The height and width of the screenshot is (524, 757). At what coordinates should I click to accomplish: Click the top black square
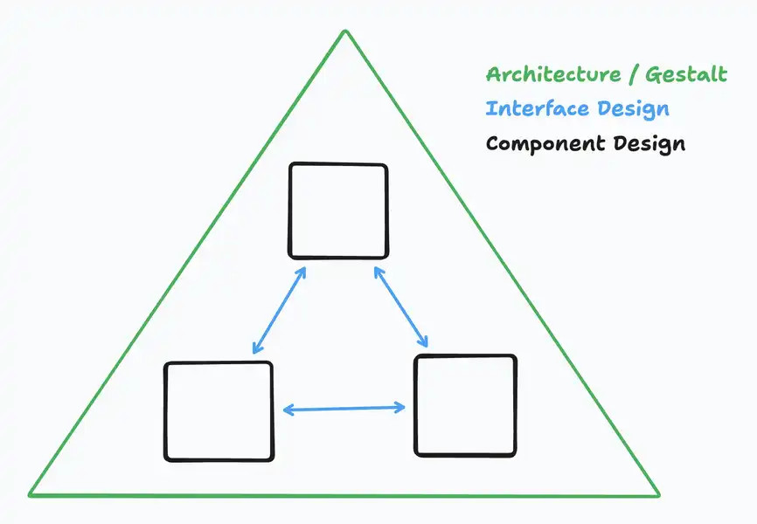(x=338, y=211)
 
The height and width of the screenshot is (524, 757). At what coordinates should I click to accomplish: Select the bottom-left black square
(x=219, y=411)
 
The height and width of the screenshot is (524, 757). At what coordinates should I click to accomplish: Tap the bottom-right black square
(x=465, y=405)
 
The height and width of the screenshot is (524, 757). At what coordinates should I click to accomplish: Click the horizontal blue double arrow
(x=344, y=409)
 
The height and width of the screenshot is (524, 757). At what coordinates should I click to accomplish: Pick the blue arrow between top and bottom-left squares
(x=279, y=310)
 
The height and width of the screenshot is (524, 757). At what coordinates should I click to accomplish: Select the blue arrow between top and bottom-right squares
(x=401, y=307)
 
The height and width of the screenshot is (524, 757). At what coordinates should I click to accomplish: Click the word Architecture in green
(x=553, y=74)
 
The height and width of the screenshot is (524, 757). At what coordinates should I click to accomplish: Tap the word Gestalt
(x=686, y=74)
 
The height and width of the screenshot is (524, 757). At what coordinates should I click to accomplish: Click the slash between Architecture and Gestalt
(x=634, y=75)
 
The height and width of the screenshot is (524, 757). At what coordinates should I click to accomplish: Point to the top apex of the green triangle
(x=345, y=31)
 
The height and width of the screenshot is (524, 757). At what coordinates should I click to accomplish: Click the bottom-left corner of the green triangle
(x=30, y=494)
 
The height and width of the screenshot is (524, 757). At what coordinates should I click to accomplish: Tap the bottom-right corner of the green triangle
(x=658, y=494)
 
